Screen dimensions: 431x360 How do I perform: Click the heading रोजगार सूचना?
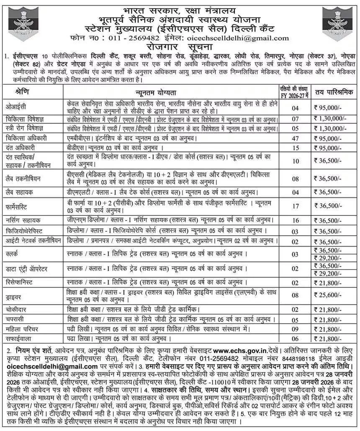click(180, 46)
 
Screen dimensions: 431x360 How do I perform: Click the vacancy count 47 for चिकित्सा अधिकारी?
click(295, 138)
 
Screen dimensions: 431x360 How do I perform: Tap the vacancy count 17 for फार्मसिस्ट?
click(295, 206)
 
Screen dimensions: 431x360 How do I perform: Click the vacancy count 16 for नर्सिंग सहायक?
click(295, 221)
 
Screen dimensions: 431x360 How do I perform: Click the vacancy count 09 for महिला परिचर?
click(295, 329)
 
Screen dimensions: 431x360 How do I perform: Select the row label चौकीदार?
click(18, 310)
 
